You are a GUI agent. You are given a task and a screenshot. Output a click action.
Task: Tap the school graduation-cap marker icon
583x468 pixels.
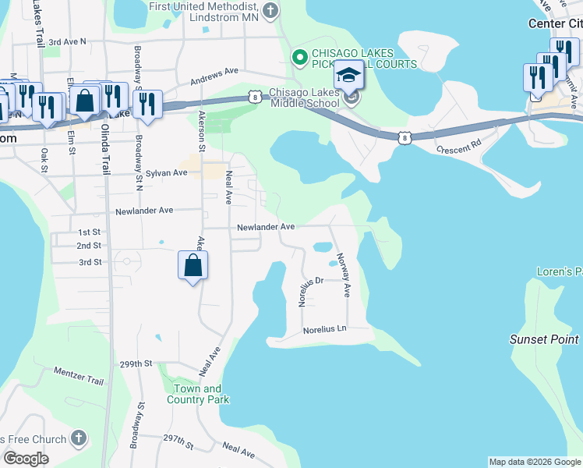pos(349,76)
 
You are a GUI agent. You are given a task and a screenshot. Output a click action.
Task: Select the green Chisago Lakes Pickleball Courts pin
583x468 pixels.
pos(298,58)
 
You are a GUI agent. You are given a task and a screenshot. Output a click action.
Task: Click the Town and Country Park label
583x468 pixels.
pos(198,394)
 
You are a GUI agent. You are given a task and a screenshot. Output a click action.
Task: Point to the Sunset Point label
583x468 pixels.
pos(544,339)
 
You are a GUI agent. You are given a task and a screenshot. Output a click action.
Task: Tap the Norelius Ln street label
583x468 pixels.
pos(324,329)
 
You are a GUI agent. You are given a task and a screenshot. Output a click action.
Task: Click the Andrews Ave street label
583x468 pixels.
pos(214,76)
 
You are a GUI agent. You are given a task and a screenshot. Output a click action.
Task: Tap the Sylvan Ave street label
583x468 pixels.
pos(168,172)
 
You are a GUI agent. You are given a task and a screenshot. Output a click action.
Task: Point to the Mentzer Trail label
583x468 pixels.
pos(79,376)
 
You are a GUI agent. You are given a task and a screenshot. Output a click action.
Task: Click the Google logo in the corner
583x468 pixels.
pos(26,459)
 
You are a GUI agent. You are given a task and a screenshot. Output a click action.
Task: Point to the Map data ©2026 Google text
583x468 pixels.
pos(534,462)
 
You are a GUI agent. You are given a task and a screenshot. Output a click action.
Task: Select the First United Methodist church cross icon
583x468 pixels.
pos(270,11)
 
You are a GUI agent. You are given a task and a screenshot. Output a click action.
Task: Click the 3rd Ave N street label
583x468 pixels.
pos(67,41)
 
